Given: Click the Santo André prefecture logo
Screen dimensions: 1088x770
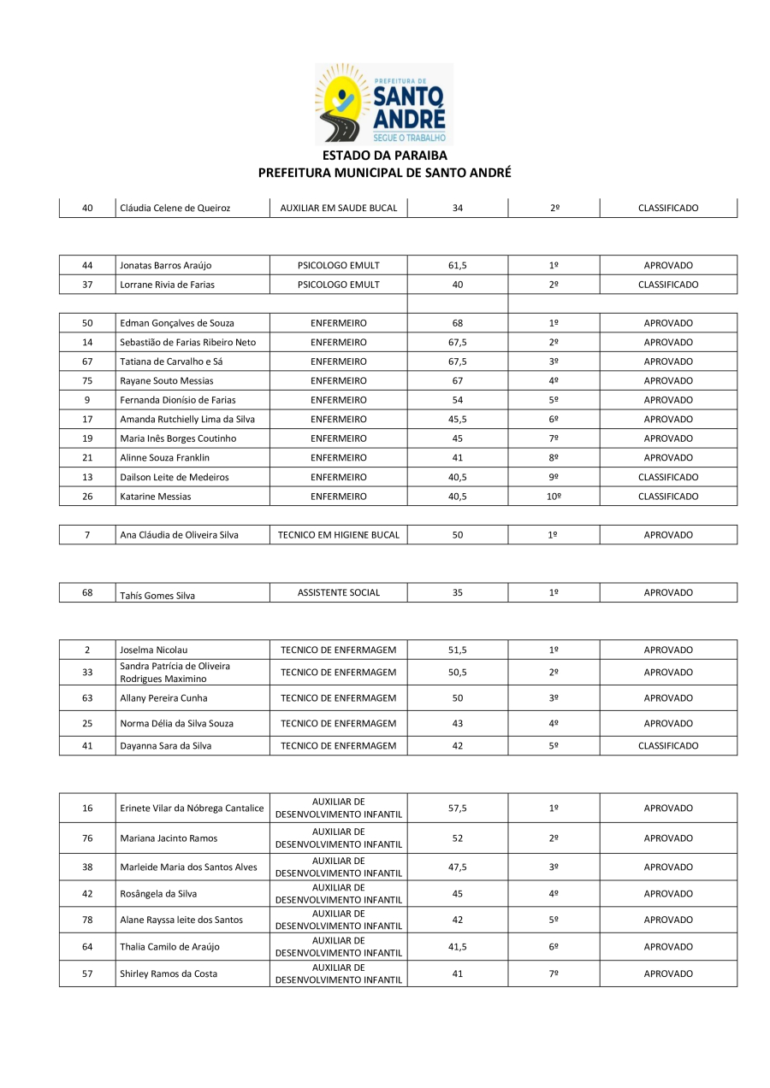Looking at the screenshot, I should (x=384, y=103).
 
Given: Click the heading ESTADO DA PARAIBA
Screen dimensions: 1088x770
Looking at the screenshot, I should (x=384, y=156).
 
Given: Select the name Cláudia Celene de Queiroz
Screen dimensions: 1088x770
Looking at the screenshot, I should (x=175, y=208).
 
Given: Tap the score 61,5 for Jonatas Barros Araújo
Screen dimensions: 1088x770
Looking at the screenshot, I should (x=457, y=266).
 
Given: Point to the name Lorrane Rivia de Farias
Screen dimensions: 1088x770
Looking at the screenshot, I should (x=169, y=285).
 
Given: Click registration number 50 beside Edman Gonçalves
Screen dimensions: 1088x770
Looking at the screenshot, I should (x=87, y=323).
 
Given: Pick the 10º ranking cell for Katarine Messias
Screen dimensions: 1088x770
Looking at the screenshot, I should (x=554, y=497).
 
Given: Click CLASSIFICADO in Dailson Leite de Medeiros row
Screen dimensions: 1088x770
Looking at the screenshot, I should (x=667, y=477).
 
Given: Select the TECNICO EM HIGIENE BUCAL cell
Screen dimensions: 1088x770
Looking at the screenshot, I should (x=338, y=535).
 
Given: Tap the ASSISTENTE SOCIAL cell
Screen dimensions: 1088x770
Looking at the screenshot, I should (x=338, y=592).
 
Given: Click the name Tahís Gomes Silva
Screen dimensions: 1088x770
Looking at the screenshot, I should (x=157, y=596).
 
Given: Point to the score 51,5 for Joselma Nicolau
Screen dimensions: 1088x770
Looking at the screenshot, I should (x=457, y=650).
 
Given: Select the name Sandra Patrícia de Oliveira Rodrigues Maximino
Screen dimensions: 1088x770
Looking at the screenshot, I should (x=175, y=673).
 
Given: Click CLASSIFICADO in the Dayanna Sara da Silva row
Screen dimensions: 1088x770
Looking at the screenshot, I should (x=667, y=746).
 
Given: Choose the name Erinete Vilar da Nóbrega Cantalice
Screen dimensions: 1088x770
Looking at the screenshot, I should (x=192, y=809).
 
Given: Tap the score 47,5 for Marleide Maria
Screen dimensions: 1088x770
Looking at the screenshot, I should (x=457, y=867).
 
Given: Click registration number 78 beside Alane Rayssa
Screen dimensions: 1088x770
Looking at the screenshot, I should (x=87, y=920).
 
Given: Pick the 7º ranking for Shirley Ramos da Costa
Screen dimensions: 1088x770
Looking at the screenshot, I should (x=554, y=973).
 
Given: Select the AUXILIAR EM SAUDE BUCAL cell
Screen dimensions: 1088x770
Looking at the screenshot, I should (x=338, y=208).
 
